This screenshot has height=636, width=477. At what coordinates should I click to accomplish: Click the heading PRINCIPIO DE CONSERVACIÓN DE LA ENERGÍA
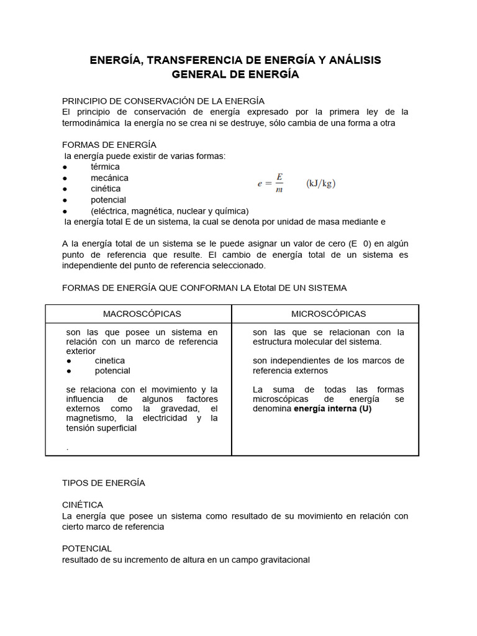click(x=163, y=101)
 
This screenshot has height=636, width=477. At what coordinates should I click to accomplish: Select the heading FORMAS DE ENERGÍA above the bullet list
click(x=109, y=145)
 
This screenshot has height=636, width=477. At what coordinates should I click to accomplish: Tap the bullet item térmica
click(x=105, y=167)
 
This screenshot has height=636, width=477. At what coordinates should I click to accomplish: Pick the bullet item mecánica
click(x=109, y=178)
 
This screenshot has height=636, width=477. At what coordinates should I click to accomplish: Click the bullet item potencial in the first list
click(x=108, y=200)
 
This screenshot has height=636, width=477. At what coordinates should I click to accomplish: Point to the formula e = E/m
click(x=271, y=183)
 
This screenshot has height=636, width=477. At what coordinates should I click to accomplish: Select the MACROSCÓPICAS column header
click(x=142, y=314)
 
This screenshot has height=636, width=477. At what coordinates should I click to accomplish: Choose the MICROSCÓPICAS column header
click(x=329, y=314)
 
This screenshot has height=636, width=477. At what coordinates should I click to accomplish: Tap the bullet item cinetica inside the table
click(x=109, y=361)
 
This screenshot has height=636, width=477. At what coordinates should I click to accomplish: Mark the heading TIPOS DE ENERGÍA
click(x=104, y=483)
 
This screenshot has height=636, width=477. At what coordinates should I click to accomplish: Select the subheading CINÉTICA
click(x=83, y=505)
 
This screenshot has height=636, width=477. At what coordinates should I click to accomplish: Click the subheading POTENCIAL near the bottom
click(x=87, y=548)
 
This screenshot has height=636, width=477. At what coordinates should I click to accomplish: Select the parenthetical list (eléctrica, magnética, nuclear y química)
click(x=170, y=211)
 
